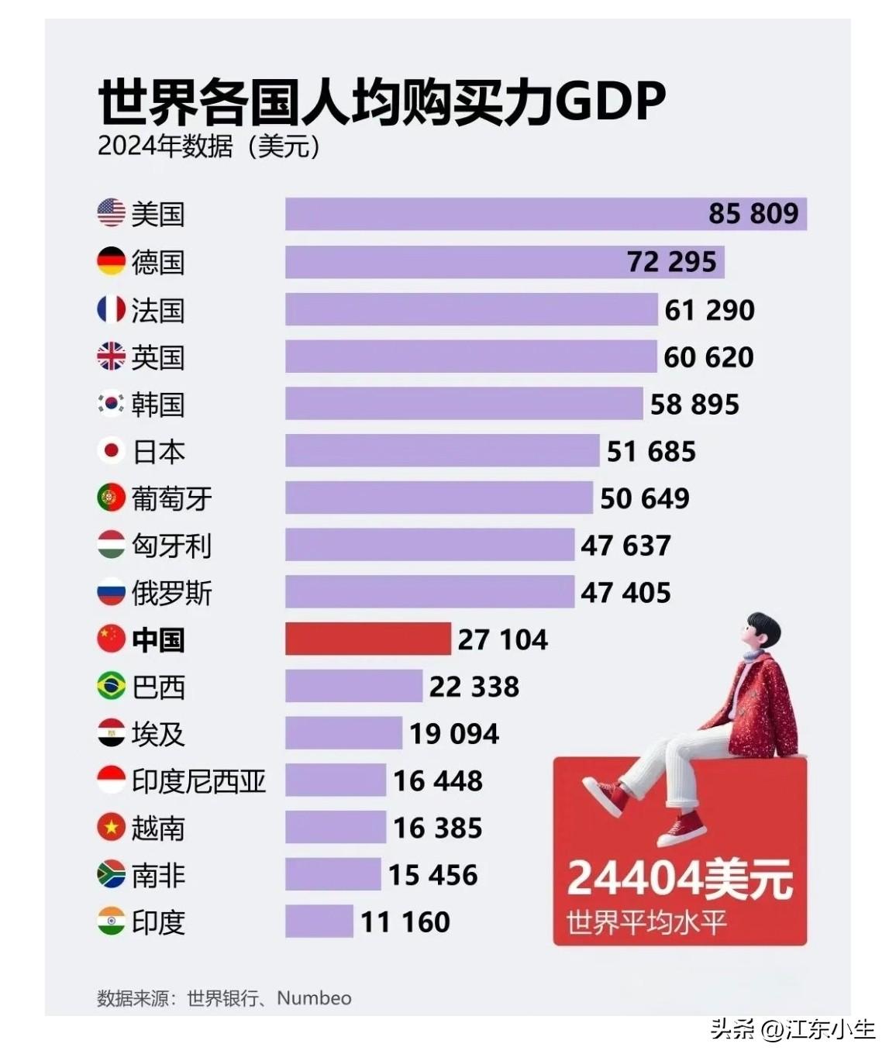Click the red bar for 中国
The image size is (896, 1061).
[367, 639]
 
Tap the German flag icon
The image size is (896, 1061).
[111, 261]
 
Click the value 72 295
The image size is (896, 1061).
[671, 262]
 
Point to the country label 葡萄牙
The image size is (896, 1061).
[171, 498]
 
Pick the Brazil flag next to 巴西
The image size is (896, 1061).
[111, 686]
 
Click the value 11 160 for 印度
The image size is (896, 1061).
[405, 922]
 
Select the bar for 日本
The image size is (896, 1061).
[442, 451]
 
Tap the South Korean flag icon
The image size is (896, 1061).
[111, 404]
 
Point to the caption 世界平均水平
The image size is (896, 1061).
[646, 923]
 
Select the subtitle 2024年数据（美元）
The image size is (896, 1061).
[208, 146]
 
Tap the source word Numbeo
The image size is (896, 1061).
[314, 998]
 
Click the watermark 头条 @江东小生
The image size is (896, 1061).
[792, 1029]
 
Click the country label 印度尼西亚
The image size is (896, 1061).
[198, 781]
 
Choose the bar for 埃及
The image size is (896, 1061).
[343, 733]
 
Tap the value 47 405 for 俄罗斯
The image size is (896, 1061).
[625, 593]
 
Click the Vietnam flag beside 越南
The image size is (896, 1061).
[111, 828]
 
